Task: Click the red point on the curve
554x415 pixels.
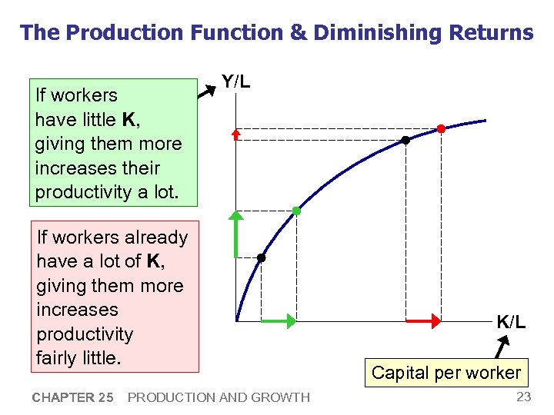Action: click(x=441, y=128)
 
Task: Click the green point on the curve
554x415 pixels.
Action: click(x=296, y=211)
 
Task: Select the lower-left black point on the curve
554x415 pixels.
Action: click(x=262, y=258)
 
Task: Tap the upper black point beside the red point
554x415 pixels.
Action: click(x=405, y=141)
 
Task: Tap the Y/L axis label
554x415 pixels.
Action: click(x=235, y=81)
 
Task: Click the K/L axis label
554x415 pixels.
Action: click(x=511, y=322)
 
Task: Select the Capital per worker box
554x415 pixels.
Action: click(x=446, y=373)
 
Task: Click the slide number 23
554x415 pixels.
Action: click(x=523, y=397)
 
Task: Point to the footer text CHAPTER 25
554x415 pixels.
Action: click(x=73, y=397)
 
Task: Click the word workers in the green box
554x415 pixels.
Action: click(x=87, y=95)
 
